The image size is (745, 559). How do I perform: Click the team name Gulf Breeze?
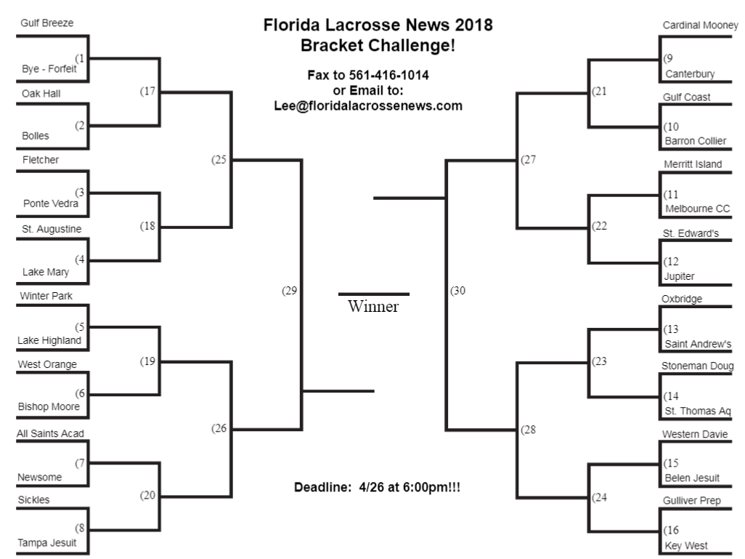46,23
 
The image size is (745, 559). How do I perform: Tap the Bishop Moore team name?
49,406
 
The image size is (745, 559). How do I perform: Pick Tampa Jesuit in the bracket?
48,542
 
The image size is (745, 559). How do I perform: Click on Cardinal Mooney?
700,25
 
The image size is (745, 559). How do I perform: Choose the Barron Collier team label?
695,141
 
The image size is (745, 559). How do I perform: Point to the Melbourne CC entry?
697,209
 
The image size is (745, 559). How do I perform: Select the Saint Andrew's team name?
698,344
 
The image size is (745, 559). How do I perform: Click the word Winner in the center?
373,307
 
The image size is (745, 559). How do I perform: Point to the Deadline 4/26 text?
377,487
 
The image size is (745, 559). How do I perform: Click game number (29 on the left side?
290,291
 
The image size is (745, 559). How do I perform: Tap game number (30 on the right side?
457,291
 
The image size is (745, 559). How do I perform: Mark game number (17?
147,92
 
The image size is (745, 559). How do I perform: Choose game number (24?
599,497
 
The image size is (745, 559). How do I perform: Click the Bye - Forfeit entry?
49,69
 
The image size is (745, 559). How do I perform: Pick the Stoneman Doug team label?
697,366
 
